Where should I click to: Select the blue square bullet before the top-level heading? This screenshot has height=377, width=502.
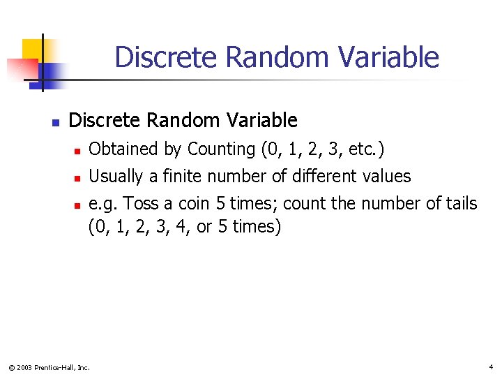pyautogui.click(x=55, y=122)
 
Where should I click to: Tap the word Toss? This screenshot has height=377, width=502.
pyautogui.click(x=137, y=204)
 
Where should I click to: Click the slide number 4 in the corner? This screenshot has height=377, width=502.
pyautogui.click(x=491, y=367)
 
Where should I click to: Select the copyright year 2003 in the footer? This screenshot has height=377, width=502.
pyautogui.click(x=24, y=367)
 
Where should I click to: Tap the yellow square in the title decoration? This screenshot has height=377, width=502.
pyautogui.click(x=32, y=50)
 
